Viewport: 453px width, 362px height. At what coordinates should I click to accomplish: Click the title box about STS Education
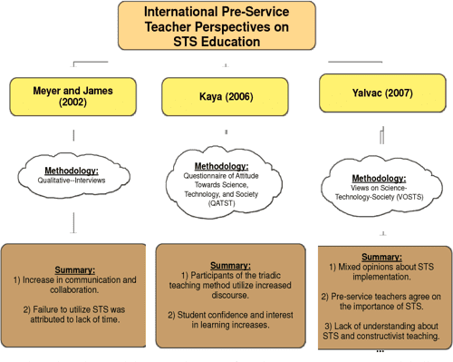click(227, 26)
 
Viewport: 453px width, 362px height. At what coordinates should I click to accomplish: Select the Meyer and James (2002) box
click(73, 95)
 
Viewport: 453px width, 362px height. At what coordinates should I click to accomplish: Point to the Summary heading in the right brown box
click(382, 256)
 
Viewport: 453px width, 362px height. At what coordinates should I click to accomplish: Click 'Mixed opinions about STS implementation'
click(382, 272)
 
